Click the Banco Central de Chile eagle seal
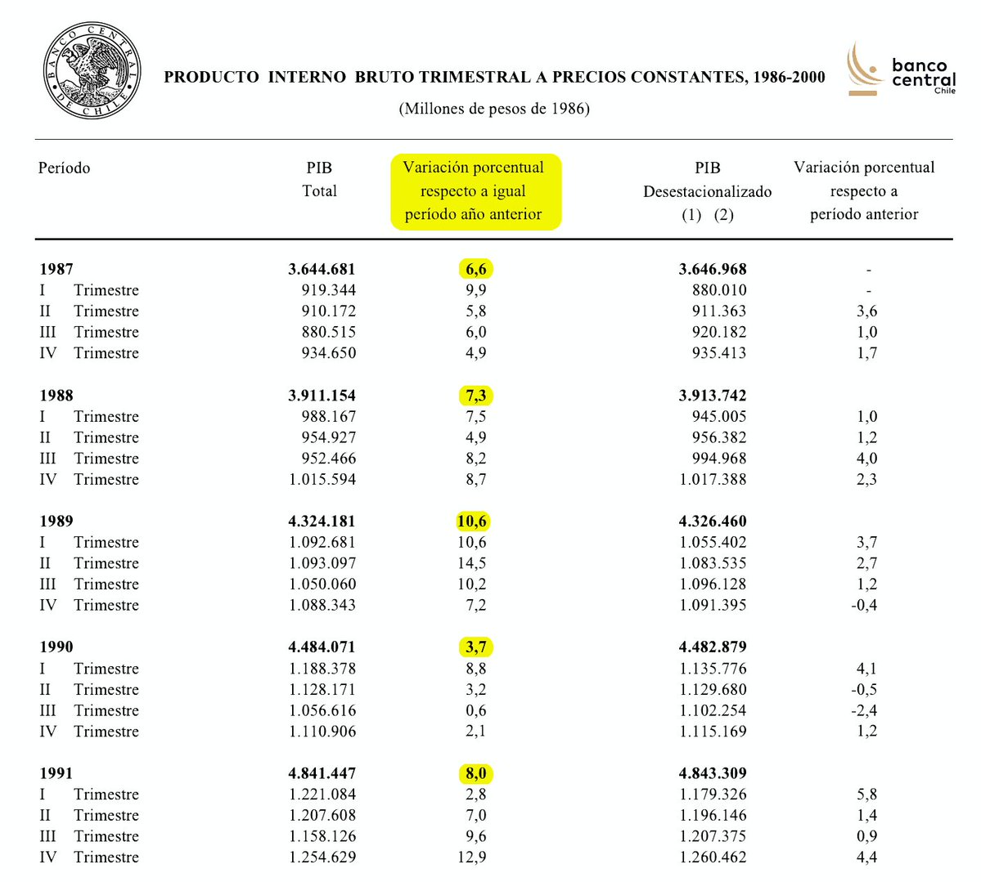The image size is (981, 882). point(92,71)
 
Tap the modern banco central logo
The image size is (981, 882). point(901,70)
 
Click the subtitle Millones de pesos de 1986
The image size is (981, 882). point(494,109)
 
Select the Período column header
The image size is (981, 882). point(64,168)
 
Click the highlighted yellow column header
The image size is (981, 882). point(475,191)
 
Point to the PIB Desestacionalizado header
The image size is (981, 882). point(708,190)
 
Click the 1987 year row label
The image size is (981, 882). point(56,269)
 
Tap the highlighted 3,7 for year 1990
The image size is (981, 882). point(475,647)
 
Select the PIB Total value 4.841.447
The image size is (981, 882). point(322,773)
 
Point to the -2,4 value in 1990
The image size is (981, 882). point(864,710)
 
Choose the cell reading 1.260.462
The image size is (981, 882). point(713,857)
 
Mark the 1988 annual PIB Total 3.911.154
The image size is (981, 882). point(322,396)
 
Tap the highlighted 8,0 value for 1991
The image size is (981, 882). point(475,773)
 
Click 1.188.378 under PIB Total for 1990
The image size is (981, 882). point(322,669)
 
